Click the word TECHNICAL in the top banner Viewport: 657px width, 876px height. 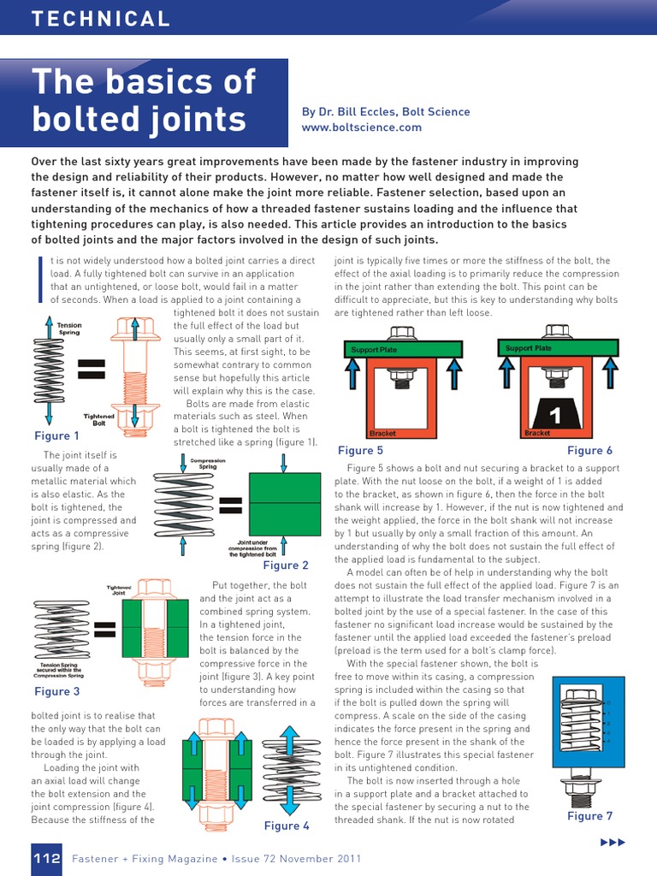coord(101,19)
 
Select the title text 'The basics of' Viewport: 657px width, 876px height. coord(144,81)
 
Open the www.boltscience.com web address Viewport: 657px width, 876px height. coord(362,127)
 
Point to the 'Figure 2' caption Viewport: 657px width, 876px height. coord(286,565)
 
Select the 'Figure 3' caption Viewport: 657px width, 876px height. coord(57,691)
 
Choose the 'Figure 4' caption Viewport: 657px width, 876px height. coord(287,826)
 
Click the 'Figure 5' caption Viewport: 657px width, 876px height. coord(360,450)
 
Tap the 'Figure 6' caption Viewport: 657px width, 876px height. coord(590,450)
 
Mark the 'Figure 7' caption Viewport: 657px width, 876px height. coord(590,816)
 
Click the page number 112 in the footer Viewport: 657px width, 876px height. coord(46,858)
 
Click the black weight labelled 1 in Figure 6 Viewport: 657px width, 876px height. coord(554,417)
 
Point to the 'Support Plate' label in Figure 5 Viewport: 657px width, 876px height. coord(374,350)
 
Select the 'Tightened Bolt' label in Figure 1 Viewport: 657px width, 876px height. coord(98,419)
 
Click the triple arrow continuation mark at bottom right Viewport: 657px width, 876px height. coord(613,843)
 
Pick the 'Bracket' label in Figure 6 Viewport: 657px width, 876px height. coord(537,434)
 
